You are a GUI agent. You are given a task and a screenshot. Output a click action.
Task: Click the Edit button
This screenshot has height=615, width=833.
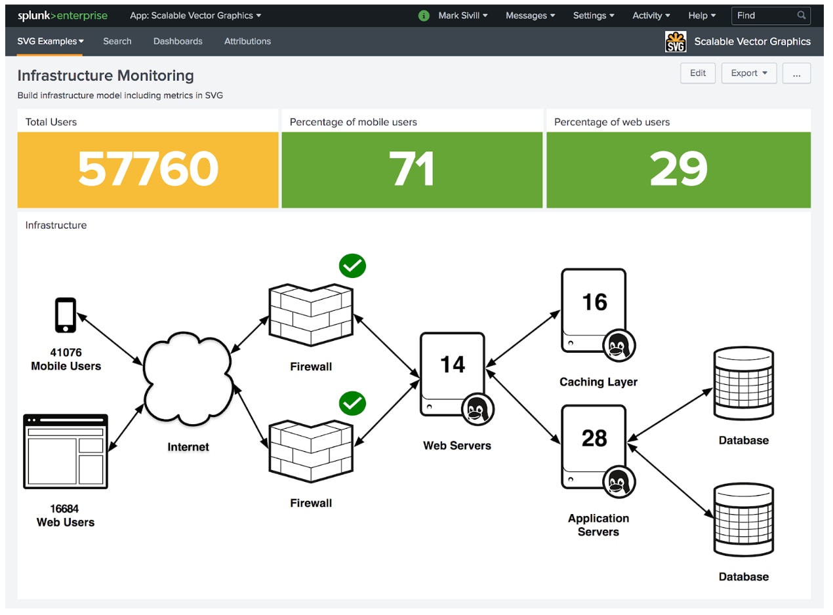(x=697, y=73)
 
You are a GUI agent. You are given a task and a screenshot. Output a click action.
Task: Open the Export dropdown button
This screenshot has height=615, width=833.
(x=748, y=73)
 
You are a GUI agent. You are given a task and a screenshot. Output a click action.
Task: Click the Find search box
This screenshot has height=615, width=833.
(x=770, y=15)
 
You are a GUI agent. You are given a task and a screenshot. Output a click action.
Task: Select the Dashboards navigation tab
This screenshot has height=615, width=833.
(x=178, y=41)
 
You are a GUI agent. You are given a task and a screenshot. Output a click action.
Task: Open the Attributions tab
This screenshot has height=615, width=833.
(x=247, y=41)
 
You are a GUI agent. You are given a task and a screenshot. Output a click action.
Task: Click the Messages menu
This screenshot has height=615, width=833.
(x=530, y=15)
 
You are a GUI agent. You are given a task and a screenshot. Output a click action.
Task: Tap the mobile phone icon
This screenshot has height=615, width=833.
(x=66, y=315)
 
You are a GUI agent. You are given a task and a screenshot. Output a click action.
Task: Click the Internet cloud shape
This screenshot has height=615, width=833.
(x=188, y=378)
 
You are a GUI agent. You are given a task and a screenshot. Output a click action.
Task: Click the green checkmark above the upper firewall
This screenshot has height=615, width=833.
(x=352, y=266)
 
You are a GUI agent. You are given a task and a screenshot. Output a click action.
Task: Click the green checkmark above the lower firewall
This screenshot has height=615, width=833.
(x=352, y=403)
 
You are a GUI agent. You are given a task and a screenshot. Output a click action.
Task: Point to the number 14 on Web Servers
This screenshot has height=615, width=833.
(x=453, y=364)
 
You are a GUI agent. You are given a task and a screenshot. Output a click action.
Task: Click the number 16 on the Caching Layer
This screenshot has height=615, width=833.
(x=594, y=302)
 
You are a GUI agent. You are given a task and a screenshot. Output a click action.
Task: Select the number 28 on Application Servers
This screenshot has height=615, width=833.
(x=594, y=438)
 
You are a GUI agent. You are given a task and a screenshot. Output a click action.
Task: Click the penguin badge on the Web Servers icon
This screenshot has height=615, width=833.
(x=477, y=409)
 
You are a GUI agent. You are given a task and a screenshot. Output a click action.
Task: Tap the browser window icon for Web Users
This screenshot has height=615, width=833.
(x=66, y=451)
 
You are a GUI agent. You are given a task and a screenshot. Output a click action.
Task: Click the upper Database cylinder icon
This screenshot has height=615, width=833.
(x=743, y=382)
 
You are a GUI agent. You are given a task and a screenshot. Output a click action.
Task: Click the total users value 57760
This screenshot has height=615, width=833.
(x=148, y=168)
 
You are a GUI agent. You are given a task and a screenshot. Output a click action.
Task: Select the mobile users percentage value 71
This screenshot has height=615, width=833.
(x=412, y=168)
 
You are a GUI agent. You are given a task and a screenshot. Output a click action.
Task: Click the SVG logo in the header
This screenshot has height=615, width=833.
(x=676, y=41)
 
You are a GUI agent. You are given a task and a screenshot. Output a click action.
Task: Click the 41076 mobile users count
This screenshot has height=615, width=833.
(x=66, y=352)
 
